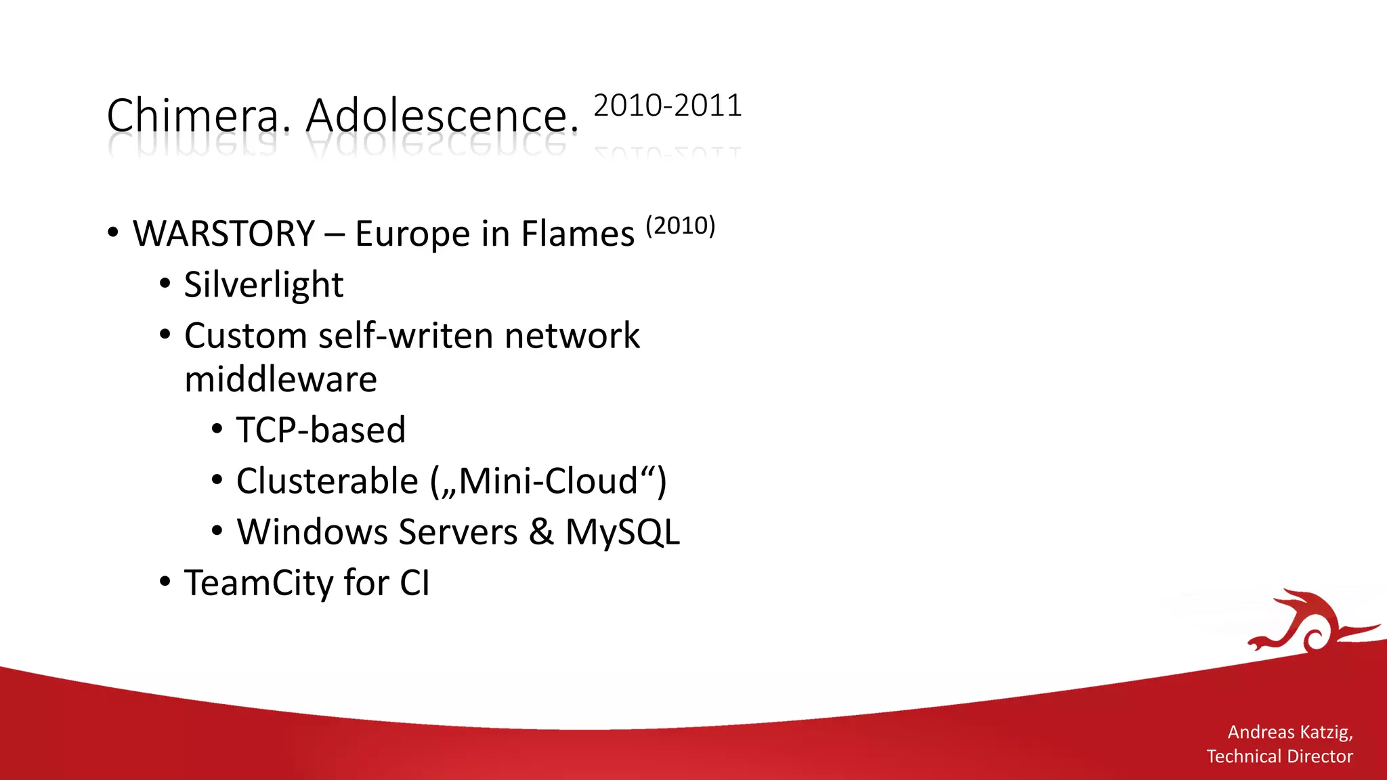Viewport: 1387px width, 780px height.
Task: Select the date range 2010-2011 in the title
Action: coord(668,106)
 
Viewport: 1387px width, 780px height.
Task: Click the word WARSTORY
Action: coord(224,234)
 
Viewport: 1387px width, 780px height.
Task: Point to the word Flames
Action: coord(578,234)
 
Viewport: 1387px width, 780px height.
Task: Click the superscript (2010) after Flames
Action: coord(680,225)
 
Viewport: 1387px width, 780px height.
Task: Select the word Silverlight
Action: coord(263,284)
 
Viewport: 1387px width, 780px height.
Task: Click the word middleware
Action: coord(280,379)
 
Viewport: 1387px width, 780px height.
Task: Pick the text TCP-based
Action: coord(321,430)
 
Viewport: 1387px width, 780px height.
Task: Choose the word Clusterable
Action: coord(327,481)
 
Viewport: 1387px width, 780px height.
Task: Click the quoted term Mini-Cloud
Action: coord(549,481)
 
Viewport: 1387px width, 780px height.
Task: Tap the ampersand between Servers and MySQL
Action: coord(541,532)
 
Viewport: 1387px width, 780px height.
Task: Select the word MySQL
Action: coord(622,532)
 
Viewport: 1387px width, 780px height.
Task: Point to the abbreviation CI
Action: coord(414,582)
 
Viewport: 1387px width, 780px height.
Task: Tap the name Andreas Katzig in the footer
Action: coord(1289,732)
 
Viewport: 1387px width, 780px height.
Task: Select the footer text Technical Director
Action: coord(1279,756)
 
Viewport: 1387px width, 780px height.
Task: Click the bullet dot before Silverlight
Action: coord(165,284)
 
